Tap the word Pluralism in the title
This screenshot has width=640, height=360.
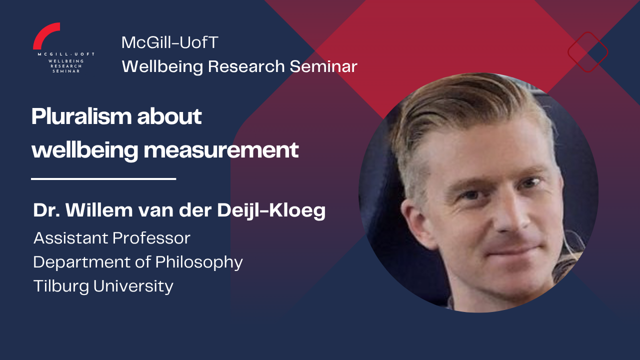81,116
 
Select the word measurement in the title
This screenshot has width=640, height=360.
221,150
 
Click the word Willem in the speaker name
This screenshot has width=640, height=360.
99,210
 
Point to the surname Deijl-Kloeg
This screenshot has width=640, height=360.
271,211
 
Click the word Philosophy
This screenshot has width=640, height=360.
199,262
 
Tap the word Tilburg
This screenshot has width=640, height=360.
61,286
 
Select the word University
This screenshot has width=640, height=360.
133,286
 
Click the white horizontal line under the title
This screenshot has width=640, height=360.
103,179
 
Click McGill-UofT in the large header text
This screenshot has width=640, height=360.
169,42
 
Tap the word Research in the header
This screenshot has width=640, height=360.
246,66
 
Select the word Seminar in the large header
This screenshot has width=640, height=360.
323,66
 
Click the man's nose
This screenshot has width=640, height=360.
511,217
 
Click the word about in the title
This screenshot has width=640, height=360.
169,116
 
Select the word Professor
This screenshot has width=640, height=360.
151,238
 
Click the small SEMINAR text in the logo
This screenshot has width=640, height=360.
66,71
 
